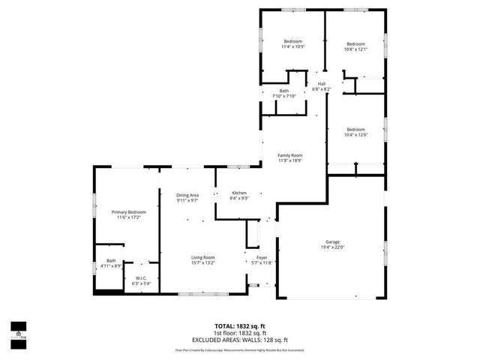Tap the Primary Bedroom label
[128, 212]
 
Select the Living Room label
[202, 257]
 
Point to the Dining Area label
[187, 195]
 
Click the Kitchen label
[238, 193]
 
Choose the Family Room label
[289, 154]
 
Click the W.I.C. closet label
[141, 277]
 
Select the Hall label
[321, 83]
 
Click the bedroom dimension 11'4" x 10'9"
[292, 46]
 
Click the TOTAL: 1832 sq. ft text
[240, 325]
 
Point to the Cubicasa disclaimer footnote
[240, 349]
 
